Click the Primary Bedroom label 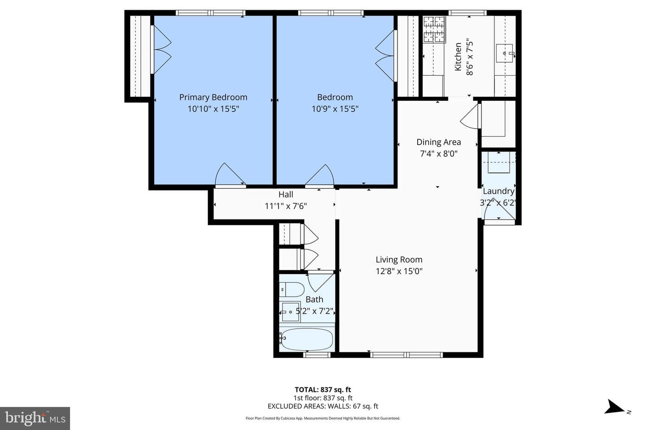point(213,97)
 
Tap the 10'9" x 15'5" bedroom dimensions point(335,109)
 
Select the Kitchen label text point(458,56)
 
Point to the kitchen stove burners point(434,29)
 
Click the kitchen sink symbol point(504,53)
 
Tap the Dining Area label point(438,142)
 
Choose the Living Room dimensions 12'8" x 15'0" point(399,271)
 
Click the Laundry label point(498,191)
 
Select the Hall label point(285,194)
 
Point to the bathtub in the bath point(306,339)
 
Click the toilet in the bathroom point(291,289)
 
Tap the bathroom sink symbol point(290,312)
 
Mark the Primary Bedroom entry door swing point(230,174)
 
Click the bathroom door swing point(321,283)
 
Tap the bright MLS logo point(35,418)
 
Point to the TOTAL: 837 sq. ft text point(323,390)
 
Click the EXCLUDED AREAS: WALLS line point(323,406)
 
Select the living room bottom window point(406,355)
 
